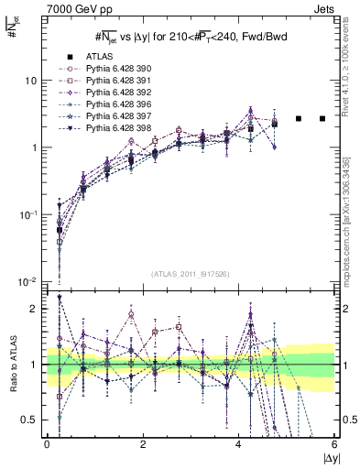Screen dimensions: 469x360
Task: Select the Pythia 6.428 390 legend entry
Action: pos(103,69)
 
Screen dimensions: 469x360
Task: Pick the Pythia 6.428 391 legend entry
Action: pos(103,81)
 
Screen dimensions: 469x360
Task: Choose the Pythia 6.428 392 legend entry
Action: pos(103,93)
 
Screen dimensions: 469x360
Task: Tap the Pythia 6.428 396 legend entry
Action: pos(103,104)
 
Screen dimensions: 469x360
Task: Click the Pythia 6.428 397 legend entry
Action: pos(103,116)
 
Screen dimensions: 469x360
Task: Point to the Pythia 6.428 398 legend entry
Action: pos(103,128)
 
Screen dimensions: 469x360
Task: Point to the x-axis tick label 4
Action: pos(239,444)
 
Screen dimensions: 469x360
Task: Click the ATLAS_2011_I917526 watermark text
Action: pos(190,274)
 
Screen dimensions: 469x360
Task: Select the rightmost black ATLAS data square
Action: pos(322,118)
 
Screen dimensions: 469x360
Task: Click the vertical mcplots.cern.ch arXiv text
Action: pos(345,215)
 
